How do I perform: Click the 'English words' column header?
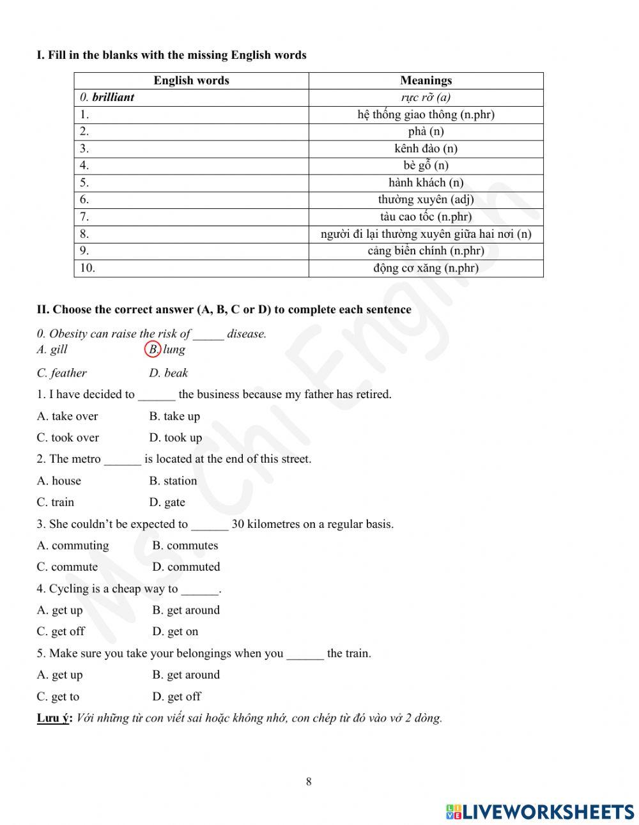pyautogui.click(x=191, y=81)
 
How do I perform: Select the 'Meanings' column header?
pyautogui.click(x=426, y=81)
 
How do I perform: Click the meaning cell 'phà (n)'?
pyautogui.click(x=426, y=132)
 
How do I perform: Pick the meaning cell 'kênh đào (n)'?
pyautogui.click(x=426, y=148)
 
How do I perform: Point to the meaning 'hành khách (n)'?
pyautogui.click(x=426, y=183)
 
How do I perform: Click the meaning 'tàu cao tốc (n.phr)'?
pyautogui.click(x=426, y=217)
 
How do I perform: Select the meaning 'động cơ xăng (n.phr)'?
pyautogui.click(x=426, y=268)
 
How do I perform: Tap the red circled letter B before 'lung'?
pyautogui.click(x=153, y=350)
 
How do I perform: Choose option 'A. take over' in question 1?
pyautogui.click(x=67, y=416)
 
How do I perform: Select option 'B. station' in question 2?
pyautogui.click(x=173, y=481)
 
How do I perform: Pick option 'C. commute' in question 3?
pyautogui.click(x=67, y=567)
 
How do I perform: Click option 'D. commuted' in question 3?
pyautogui.click(x=186, y=567)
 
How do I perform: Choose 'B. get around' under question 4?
pyautogui.click(x=186, y=610)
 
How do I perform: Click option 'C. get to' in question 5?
pyautogui.click(x=58, y=697)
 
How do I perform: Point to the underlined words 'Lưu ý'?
pyautogui.click(x=53, y=718)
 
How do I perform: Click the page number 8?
pyautogui.click(x=309, y=782)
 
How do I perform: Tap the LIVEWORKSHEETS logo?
pyautogui.click(x=540, y=812)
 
